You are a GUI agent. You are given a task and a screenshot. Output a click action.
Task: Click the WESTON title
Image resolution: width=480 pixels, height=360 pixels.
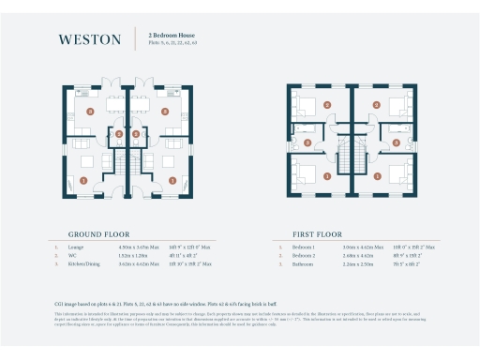[89, 39]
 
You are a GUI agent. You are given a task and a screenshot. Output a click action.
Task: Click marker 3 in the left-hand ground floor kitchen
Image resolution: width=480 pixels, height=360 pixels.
[90, 111]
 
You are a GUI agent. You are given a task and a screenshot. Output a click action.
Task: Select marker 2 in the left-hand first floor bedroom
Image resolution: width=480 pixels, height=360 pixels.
[325, 105]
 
